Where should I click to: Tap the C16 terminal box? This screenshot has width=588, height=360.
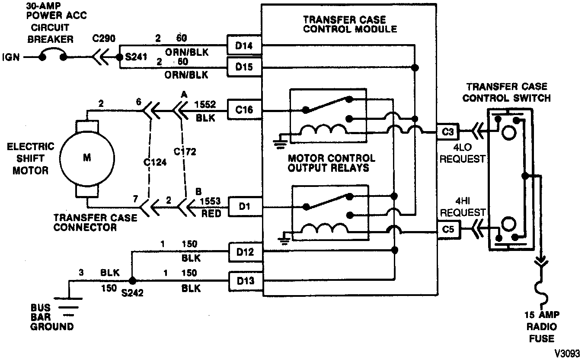244,110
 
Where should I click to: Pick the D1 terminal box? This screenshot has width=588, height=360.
245,207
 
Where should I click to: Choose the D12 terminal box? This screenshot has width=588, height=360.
245,252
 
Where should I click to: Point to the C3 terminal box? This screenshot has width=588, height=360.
448,132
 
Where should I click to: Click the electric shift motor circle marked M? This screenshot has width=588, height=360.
87,158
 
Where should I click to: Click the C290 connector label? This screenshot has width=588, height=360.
104,39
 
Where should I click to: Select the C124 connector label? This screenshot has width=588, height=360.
154,162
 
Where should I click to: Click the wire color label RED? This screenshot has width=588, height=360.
211,213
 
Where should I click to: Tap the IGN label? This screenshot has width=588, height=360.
11,57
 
